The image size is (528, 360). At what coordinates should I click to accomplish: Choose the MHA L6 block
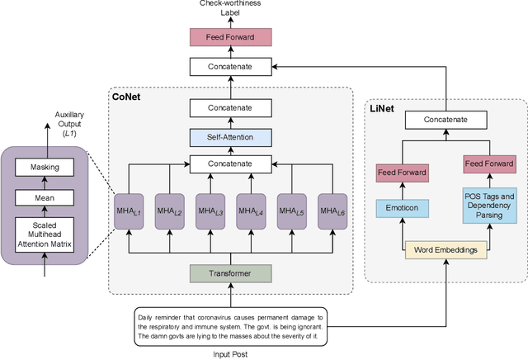(332, 212)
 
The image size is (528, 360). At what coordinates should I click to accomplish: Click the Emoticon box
(402, 208)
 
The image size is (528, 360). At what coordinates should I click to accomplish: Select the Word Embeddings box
(445, 249)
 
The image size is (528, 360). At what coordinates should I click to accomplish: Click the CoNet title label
(127, 98)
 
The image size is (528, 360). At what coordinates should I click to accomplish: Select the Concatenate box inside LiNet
(445, 120)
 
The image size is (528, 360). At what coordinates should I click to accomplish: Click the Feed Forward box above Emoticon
(402, 173)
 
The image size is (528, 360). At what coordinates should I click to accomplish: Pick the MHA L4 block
(251, 212)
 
